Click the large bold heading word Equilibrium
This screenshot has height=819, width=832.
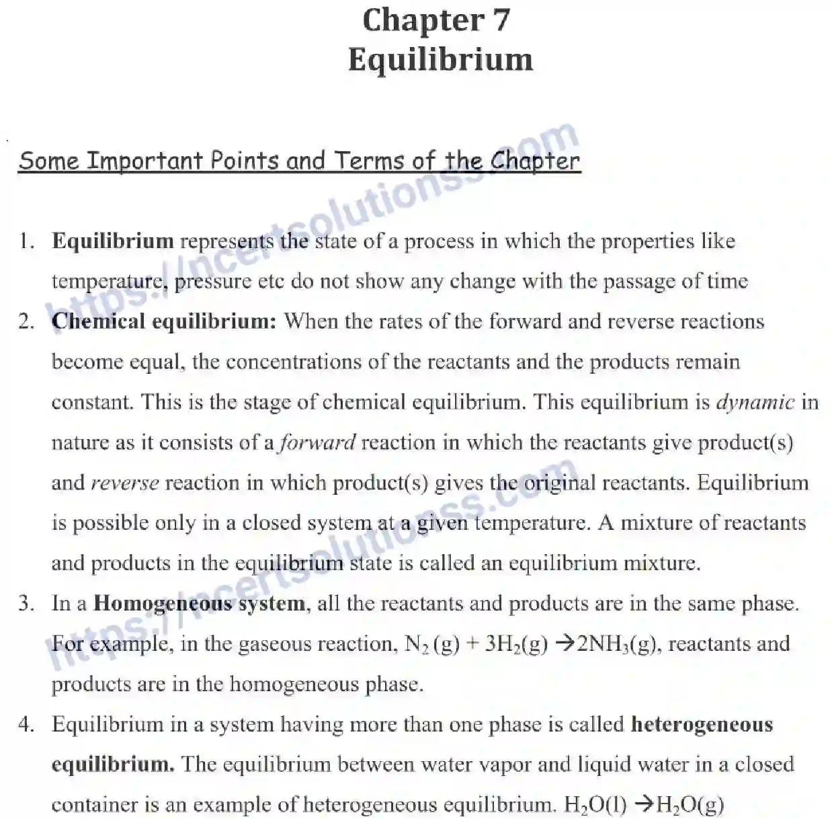[440, 59]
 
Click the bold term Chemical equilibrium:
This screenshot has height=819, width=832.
[164, 321]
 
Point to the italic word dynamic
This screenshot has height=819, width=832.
[755, 402]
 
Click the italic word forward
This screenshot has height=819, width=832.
[317, 442]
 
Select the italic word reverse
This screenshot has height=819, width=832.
[125, 483]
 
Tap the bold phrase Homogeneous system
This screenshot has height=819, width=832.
[199, 603]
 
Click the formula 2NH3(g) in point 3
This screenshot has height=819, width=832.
[616, 644]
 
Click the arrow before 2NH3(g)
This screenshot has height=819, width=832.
[565, 644]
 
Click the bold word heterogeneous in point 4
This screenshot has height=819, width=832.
[702, 724]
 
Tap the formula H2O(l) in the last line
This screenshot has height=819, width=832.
[595, 805]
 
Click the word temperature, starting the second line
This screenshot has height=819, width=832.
[110, 282]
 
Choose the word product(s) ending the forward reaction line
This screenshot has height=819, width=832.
[745, 442]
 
